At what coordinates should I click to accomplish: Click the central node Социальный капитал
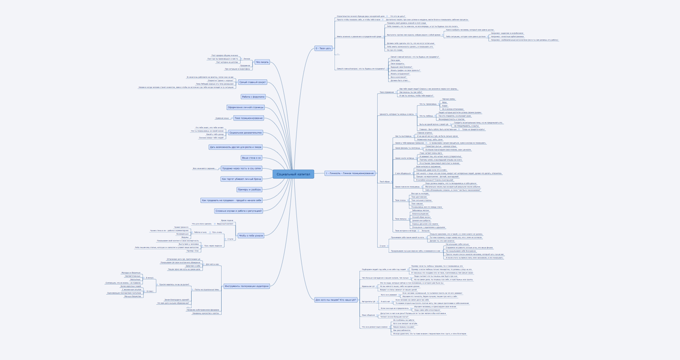pyautogui.click(x=293, y=174)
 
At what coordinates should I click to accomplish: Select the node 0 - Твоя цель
pyautogui.click(x=323, y=48)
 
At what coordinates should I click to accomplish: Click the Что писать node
pyautogui.click(x=262, y=62)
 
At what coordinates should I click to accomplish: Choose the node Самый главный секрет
pyautogui.click(x=252, y=82)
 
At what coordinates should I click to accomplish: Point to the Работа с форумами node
pyautogui.click(x=253, y=97)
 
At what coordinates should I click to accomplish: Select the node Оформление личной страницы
pyautogui.click(x=245, y=107)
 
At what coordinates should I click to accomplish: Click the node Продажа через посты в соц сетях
pyautogui.click(x=242, y=168)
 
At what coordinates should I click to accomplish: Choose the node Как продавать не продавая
pyautogui.click(x=232, y=200)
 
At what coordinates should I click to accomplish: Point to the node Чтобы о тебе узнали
pyautogui.click(x=251, y=235)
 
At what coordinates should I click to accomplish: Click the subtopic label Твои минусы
pyautogui.click(x=401, y=219)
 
